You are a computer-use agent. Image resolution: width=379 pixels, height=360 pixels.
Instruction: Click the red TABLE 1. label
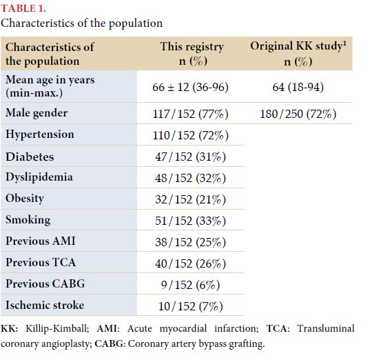click(x=23, y=8)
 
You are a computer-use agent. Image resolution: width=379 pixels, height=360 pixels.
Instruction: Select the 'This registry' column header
click(x=192, y=54)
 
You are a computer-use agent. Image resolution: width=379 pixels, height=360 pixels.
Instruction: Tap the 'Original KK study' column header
click(x=298, y=54)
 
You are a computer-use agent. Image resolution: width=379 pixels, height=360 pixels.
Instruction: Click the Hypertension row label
click(x=40, y=134)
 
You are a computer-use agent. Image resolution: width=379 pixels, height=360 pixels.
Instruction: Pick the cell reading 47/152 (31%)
click(x=190, y=157)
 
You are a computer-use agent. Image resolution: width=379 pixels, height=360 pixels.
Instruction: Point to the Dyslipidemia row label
click(x=39, y=177)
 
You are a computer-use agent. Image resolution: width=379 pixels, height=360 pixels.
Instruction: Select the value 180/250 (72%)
click(x=298, y=114)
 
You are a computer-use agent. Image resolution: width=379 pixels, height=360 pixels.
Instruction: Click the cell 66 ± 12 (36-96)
click(x=190, y=87)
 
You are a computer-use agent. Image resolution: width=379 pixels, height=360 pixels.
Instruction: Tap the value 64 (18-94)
click(x=298, y=87)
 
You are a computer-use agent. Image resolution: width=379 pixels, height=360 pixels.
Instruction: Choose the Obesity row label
click(x=25, y=199)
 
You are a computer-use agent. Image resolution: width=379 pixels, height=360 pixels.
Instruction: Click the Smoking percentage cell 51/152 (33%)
click(x=190, y=221)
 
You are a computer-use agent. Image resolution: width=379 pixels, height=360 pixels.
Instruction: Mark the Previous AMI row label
click(x=41, y=241)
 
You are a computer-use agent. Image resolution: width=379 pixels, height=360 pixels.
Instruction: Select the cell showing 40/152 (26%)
click(x=190, y=263)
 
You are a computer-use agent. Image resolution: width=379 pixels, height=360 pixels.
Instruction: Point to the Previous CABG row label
click(x=45, y=283)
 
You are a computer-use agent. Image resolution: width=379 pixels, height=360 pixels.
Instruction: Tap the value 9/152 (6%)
click(x=190, y=285)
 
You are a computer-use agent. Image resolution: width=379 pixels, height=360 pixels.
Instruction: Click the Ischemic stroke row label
click(x=45, y=305)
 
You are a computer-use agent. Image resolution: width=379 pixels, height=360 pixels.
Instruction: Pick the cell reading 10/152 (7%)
click(x=190, y=306)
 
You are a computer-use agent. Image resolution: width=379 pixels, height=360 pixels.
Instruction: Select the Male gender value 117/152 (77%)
click(x=190, y=114)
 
